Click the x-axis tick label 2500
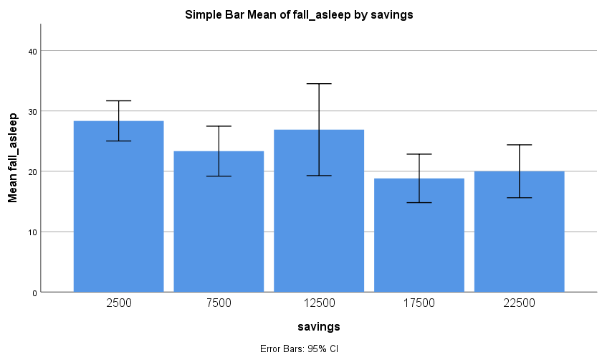tap(118, 303)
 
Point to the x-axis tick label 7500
tap(219, 303)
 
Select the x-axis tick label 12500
tap(319, 303)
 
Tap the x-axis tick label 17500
tap(419, 303)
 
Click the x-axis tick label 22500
tap(520, 303)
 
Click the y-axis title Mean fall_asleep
tap(13, 157)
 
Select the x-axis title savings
tap(318, 327)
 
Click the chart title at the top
tap(299, 14)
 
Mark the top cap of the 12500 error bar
tap(319, 84)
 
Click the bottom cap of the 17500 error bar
tap(419, 203)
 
